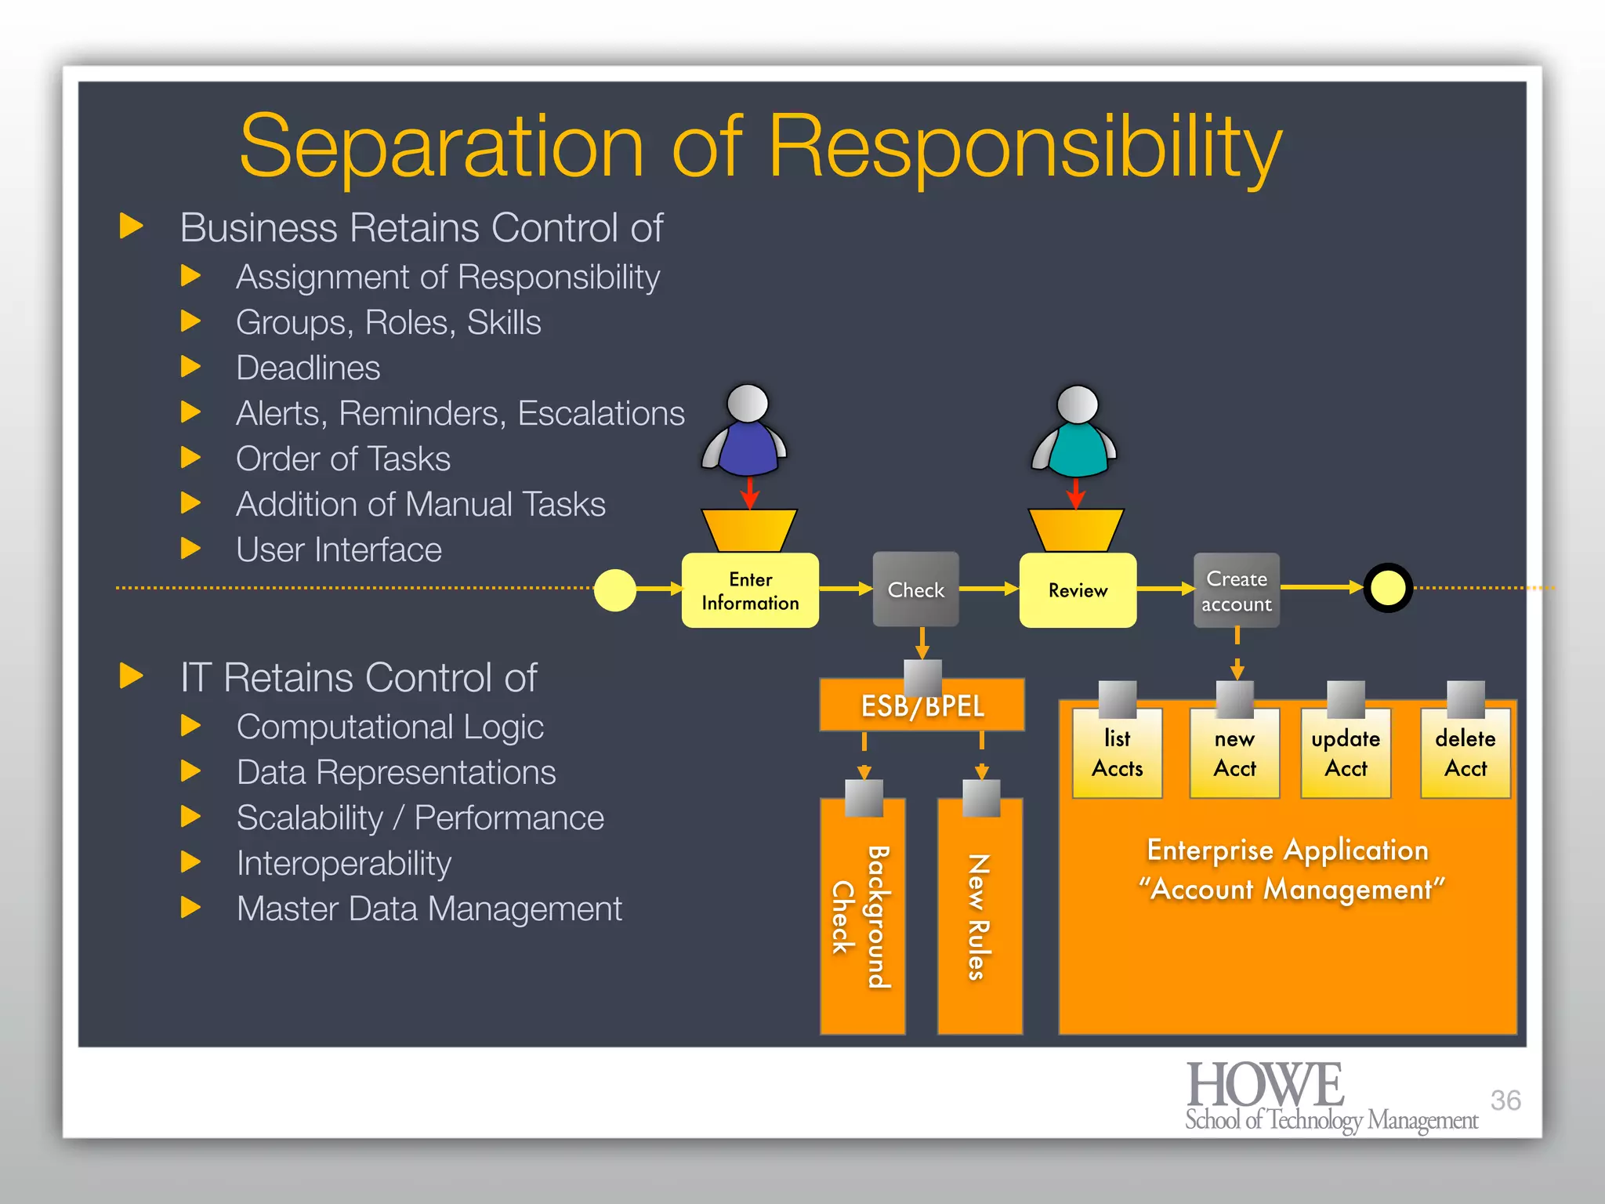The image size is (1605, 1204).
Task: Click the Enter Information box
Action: [750, 590]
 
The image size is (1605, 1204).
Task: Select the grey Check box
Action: [915, 589]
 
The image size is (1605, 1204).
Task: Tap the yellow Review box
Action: [1078, 589]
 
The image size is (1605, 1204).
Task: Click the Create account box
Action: [1236, 590]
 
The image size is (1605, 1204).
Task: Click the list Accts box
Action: [1117, 753]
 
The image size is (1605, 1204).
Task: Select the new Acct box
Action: [1234, 753]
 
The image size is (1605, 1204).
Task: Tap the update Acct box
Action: [1346, 753]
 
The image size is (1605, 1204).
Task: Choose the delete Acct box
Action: [1465, 753]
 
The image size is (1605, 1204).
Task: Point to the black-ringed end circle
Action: [1388, 588]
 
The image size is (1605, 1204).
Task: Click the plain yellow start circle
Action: [615, 590]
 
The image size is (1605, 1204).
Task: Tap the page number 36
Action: [1505, 1100]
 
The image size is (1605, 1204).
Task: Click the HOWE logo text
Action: [1265, 1086]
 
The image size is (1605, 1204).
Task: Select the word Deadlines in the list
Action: [308, 368]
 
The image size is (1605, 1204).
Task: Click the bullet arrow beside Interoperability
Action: [190, 862]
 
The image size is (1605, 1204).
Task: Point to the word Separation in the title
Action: [441, 147]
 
